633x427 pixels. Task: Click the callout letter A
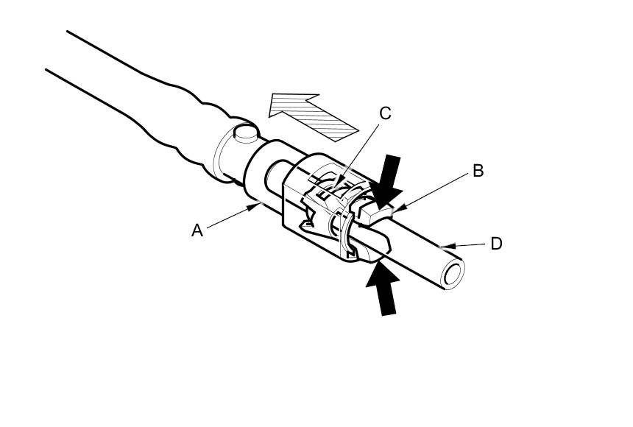coord(197,230)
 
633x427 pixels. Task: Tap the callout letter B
coord(478,171)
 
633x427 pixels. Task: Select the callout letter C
coord(385,113)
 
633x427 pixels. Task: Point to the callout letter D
coord(496,243)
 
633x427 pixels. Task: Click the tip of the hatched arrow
coord(271,96)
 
